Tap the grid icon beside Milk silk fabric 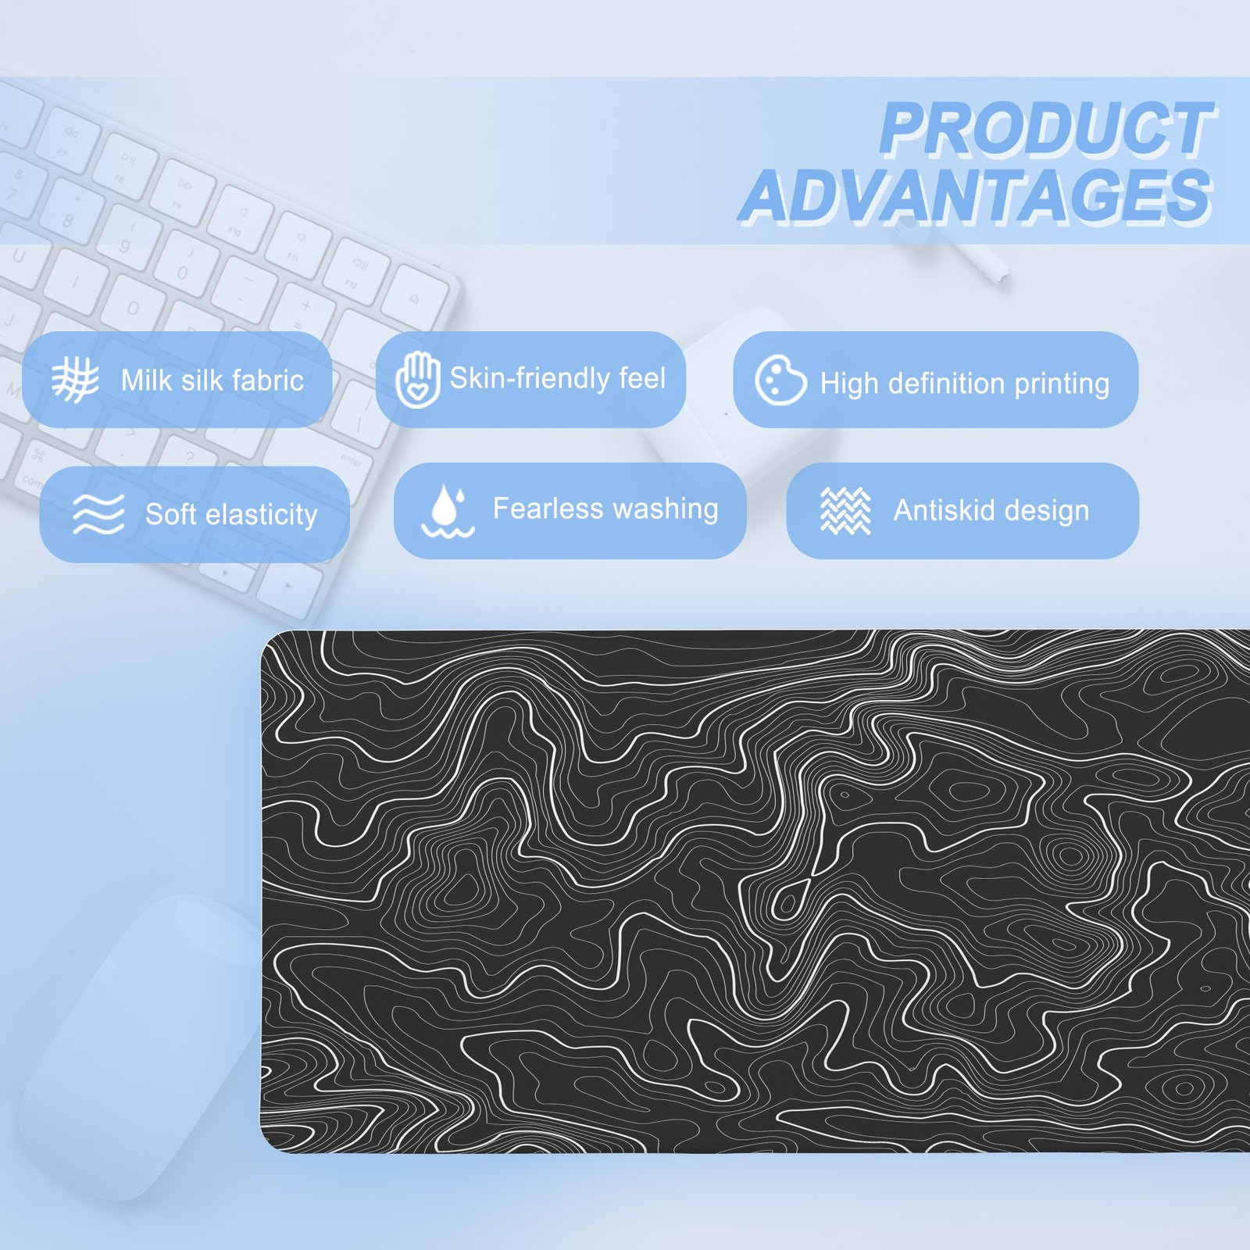pos(75,380)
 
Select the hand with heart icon pos(418,379)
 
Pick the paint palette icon pos(780,380)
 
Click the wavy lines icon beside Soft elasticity pos(98,514)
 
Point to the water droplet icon pos(448,511)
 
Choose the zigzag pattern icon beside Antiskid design pos(845,511)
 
